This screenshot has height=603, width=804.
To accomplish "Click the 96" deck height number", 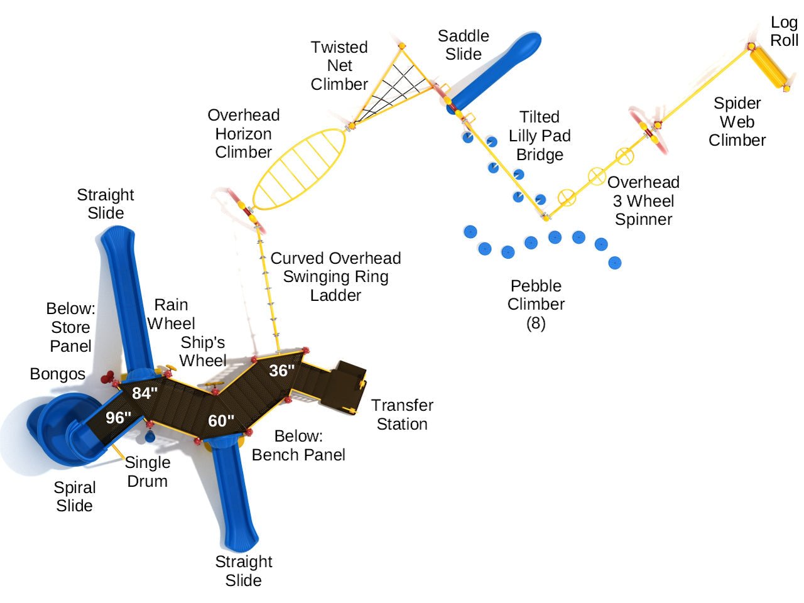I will pyautogui.click(x=118, y=418).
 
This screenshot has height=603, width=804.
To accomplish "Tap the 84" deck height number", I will pyautogui.click(x=144, y=393).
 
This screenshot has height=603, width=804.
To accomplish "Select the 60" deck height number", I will pyautogui.click(x=221, y=420).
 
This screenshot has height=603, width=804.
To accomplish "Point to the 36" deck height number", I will pyautogui.click(x=282, y=371).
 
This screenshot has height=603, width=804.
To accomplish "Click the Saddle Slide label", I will pyautogui.click(x=464, y=45).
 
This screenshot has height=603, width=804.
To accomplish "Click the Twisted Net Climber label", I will pyautogui.click(x=339, y=65).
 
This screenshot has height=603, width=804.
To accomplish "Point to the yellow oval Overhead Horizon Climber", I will pyautogui.click(x=300, y=169).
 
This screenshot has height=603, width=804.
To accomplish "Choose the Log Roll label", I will pyautogui.click(x=784, y=31).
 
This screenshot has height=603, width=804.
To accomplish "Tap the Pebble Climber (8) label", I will pyautogui.click(x=536, y=304).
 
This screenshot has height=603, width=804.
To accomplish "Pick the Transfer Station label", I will pyautogui.click(x=402, y=415).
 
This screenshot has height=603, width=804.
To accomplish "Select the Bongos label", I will pyautogui.click(x=57, y=374).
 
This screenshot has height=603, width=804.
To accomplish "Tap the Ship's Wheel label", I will pyautogui.click(x=202, y=352).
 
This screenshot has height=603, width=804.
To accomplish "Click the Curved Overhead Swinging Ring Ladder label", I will pyautogui.click(x=335, y=276).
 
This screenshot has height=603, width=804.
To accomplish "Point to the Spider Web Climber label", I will pyautogui.click(x=737, y=122).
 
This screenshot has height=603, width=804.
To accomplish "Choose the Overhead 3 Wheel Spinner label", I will pyautogui.click(x=643, y=201).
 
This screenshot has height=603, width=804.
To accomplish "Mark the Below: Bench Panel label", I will pyautogui.click(x=298, y=445).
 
